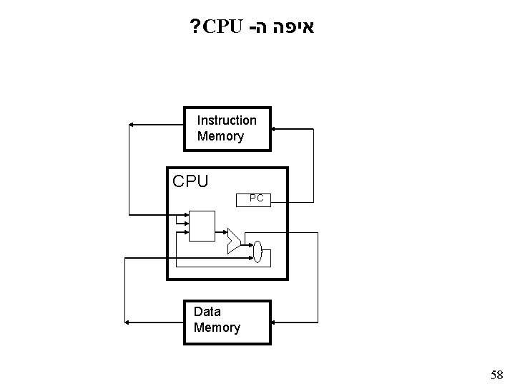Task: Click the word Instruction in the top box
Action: pos(227,120)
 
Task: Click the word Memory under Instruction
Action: pos(220,136)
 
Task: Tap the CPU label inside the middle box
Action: pos(190,181)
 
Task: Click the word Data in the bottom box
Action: pos(207,312)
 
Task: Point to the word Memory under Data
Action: pos(217,328)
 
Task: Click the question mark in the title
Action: pos(192,28)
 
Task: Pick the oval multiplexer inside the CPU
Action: pos(258,252)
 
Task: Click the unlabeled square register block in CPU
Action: pos(202,226)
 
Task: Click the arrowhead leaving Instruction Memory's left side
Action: pos(131,125)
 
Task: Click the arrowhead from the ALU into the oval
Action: pos(250,245)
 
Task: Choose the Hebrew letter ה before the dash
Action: pos(261,28)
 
